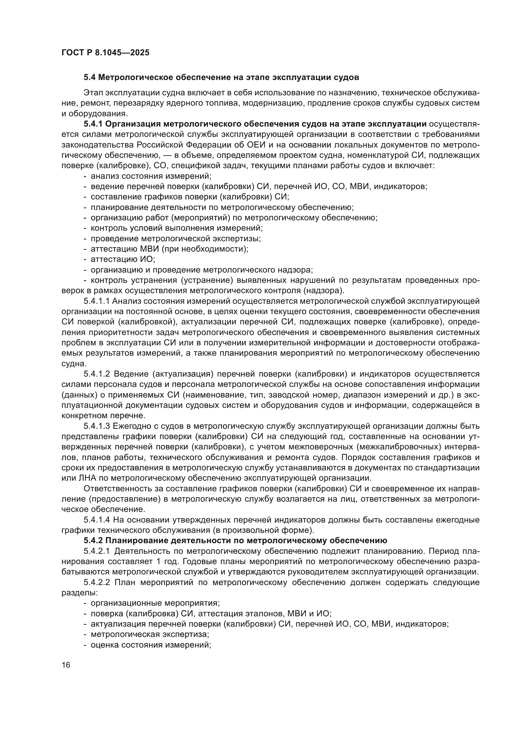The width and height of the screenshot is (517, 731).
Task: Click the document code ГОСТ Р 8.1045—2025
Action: (105, 53)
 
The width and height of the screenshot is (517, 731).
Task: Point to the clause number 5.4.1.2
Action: (97, 374)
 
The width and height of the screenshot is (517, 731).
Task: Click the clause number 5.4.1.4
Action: (97, 520)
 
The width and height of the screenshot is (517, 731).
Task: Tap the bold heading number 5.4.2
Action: (93, 541)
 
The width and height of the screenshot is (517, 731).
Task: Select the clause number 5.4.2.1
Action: (97, 551)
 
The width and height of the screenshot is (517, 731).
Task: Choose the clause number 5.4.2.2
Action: (97, 582)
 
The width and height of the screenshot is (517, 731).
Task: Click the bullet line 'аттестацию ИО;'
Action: (123, 259)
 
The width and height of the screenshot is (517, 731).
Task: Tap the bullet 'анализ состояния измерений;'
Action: (151, 176)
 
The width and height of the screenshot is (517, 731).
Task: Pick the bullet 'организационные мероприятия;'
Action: (155, 603)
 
